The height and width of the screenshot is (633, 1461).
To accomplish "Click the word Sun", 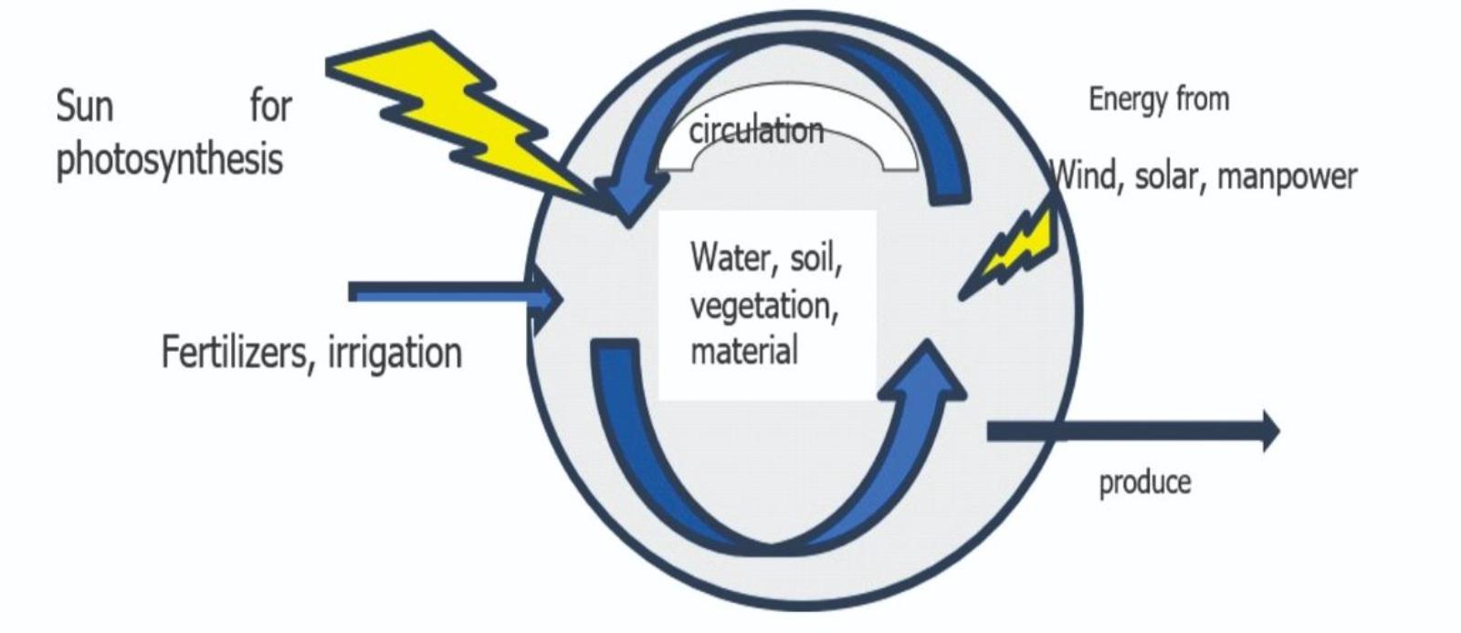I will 84,107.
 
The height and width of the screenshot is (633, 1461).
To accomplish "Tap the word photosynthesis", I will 170,161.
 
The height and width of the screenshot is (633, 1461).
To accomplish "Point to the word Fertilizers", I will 235,353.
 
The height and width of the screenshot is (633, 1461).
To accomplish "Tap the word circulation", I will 756,132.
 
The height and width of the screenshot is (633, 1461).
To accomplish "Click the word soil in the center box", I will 815,258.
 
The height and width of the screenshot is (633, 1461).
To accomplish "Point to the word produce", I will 1144,482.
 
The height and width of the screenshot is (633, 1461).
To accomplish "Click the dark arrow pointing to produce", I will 1132,431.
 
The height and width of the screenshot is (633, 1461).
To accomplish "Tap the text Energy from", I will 1159,99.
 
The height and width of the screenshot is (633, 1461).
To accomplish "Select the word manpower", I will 1287,176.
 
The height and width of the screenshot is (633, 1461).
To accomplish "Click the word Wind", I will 1086,175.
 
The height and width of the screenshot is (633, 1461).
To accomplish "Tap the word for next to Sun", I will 270,107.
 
